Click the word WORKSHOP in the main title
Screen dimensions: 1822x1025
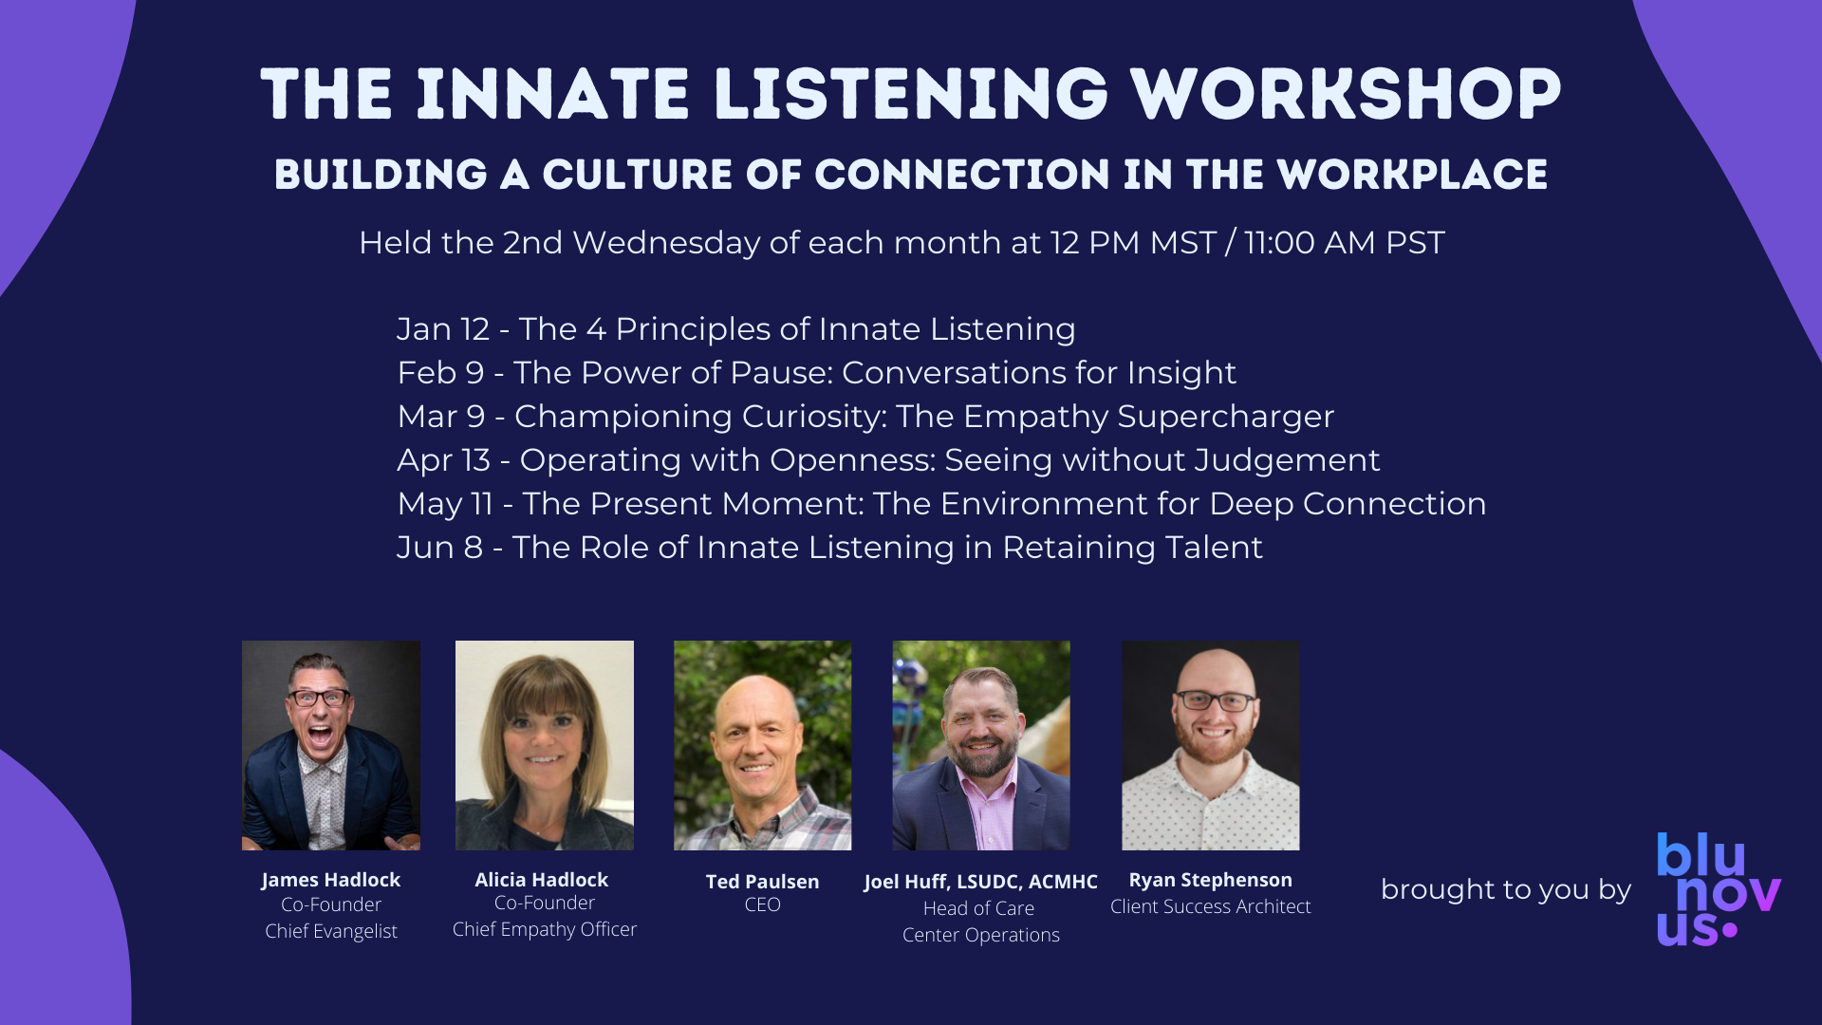1345,94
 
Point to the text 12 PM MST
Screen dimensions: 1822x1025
1132,243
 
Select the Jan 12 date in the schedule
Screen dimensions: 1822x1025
443,329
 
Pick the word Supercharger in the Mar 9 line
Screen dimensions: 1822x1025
1226,418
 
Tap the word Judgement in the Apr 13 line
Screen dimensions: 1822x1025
1287,461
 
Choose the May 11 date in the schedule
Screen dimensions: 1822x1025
445,504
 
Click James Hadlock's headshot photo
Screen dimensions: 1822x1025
331,745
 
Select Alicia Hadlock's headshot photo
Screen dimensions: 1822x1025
545,745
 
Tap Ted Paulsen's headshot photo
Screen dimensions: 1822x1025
762,745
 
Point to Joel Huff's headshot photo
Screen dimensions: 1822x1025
981,745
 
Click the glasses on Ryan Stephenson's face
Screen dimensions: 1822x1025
1215,701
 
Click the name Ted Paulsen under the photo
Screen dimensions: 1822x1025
762,882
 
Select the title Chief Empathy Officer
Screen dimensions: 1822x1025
545,930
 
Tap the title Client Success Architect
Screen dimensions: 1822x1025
1211,906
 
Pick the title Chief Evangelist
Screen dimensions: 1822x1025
331,932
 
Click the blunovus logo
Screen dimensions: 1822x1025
1719,890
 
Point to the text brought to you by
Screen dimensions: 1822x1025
1506,890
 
